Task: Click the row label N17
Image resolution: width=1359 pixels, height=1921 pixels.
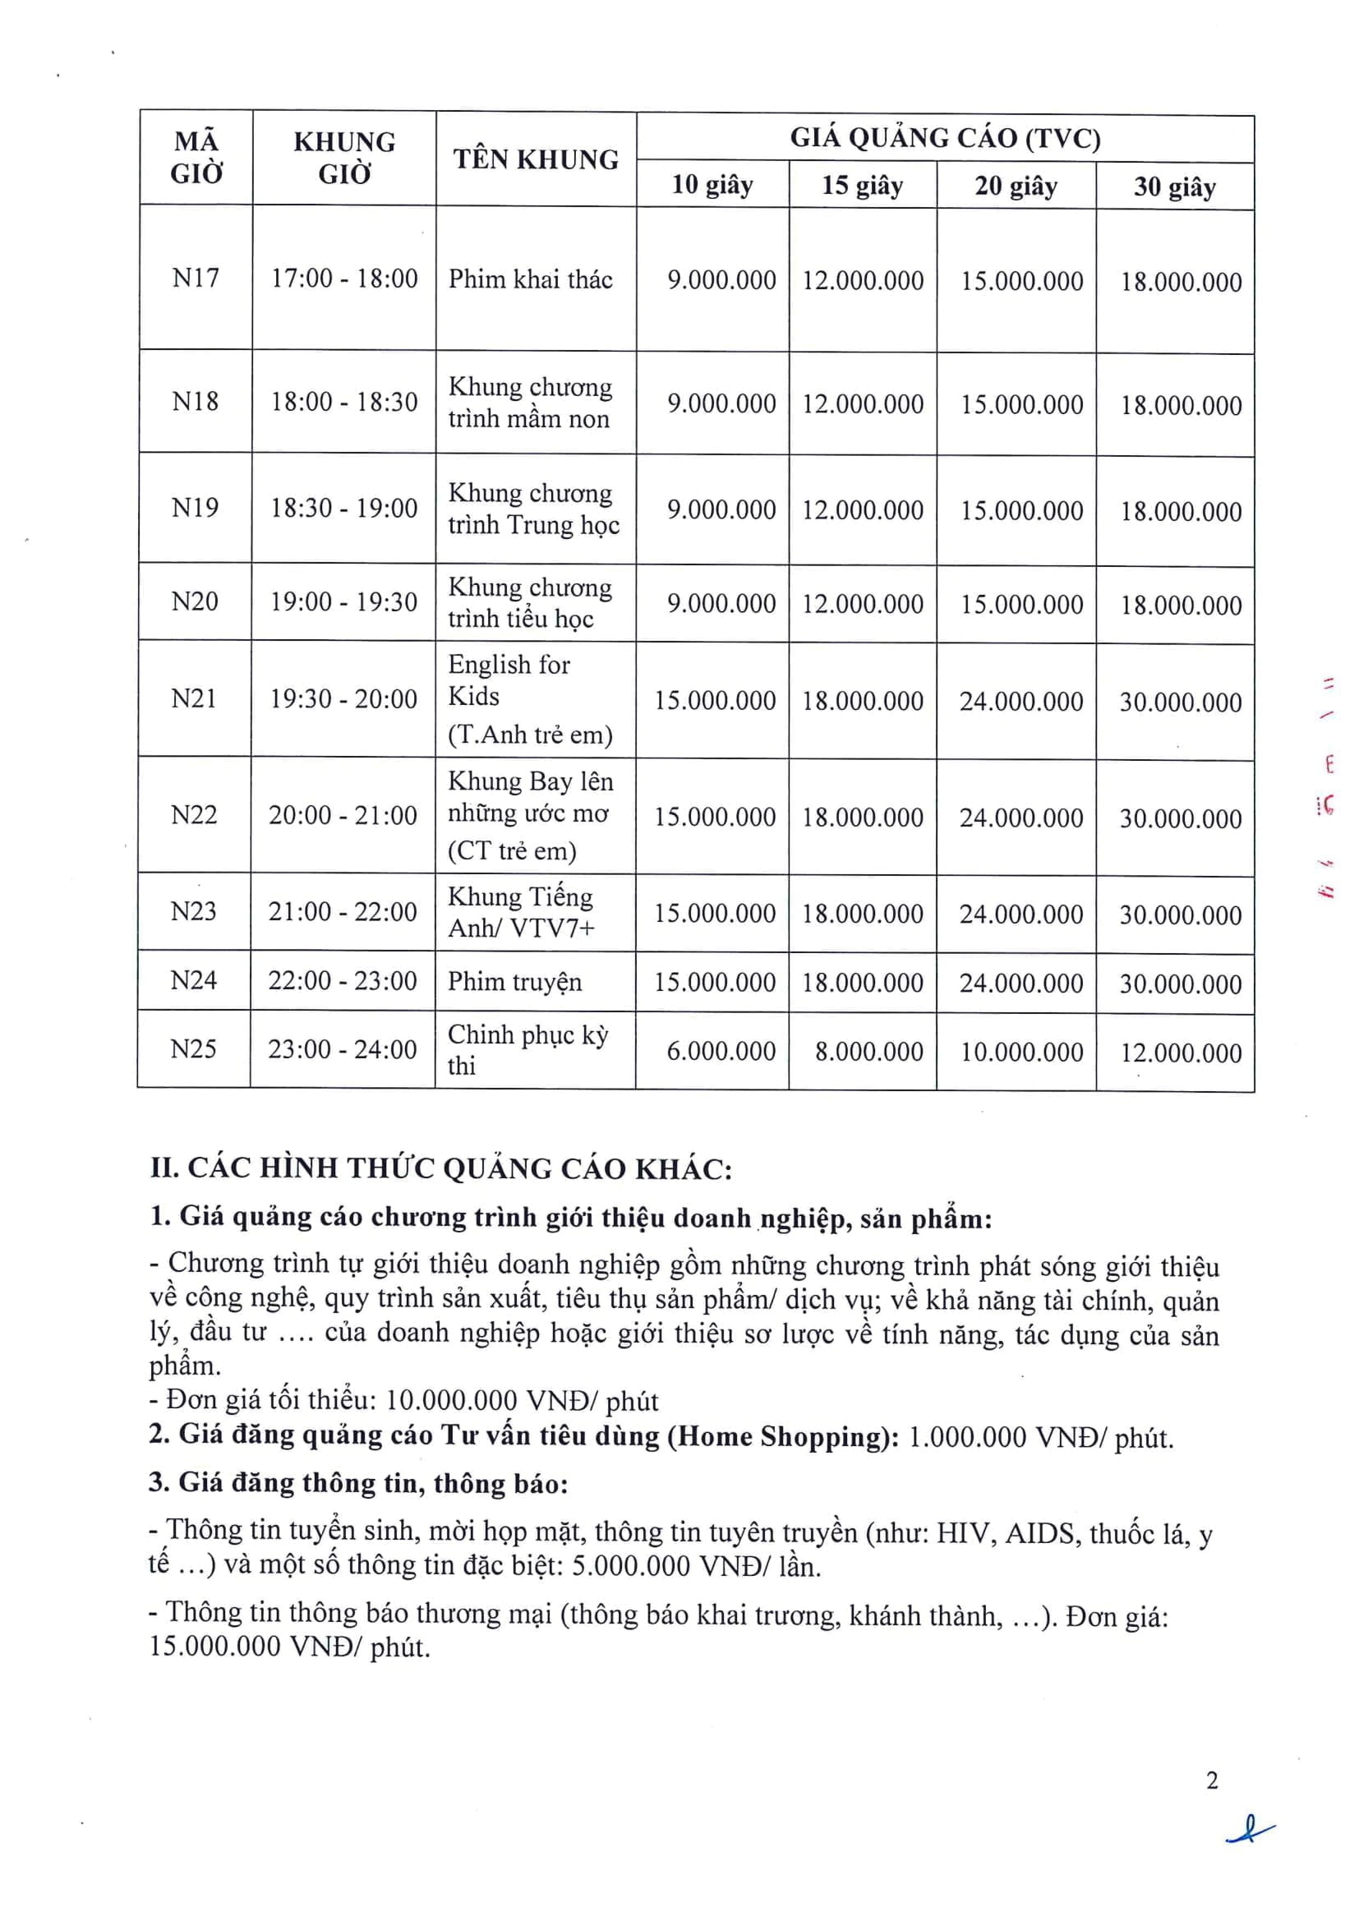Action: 195,278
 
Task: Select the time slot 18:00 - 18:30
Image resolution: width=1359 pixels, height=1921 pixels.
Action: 343,402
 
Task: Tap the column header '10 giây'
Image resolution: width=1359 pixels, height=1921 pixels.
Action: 712,185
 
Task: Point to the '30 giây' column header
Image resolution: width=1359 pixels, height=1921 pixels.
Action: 1174,187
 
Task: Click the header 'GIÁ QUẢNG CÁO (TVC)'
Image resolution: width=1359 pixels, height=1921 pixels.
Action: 945,138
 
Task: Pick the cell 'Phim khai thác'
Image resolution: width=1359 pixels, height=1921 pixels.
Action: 531,279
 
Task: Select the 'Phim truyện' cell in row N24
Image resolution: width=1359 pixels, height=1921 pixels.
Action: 514,981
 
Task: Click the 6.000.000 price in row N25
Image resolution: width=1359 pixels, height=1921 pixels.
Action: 721,1051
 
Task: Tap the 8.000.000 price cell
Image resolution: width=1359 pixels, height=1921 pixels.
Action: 868,1052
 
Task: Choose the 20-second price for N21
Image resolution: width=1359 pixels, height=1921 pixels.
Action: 1021,701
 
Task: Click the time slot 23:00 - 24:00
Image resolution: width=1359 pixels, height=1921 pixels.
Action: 342,1049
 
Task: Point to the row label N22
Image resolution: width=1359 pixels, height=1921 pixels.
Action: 193,815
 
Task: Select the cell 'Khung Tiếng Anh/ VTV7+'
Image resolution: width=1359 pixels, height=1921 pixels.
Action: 520,912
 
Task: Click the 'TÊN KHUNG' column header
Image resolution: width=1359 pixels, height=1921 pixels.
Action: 536,159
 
